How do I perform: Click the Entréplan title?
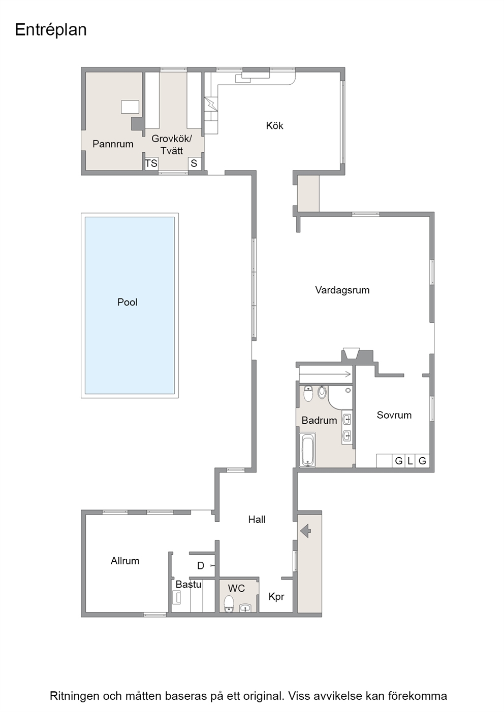[x=51, y=30]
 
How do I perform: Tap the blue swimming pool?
[x=130, y=306]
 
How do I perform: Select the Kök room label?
[x=274, y=126]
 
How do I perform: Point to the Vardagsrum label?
[x=342, y=290]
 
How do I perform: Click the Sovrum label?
[x=394, y=415]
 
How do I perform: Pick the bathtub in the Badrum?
[x=308, y=450]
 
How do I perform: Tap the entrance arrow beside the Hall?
[x=306, y=531]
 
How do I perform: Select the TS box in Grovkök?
[x=151, y=163]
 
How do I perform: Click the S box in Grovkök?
[x=194, y=163]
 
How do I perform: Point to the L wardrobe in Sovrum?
[x=410, y=461]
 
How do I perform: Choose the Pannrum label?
[x=113, y=144]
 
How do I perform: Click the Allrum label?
[x=125, y=561]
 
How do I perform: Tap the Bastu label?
[x=188, y=585]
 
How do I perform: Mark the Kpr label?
[x=276, y=597]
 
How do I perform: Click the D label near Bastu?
[x=201, y=566]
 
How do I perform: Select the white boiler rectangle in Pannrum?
[x=130, y=107]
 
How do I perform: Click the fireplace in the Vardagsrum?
[x=351, y=354]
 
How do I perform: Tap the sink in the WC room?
[x=244, y=608]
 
